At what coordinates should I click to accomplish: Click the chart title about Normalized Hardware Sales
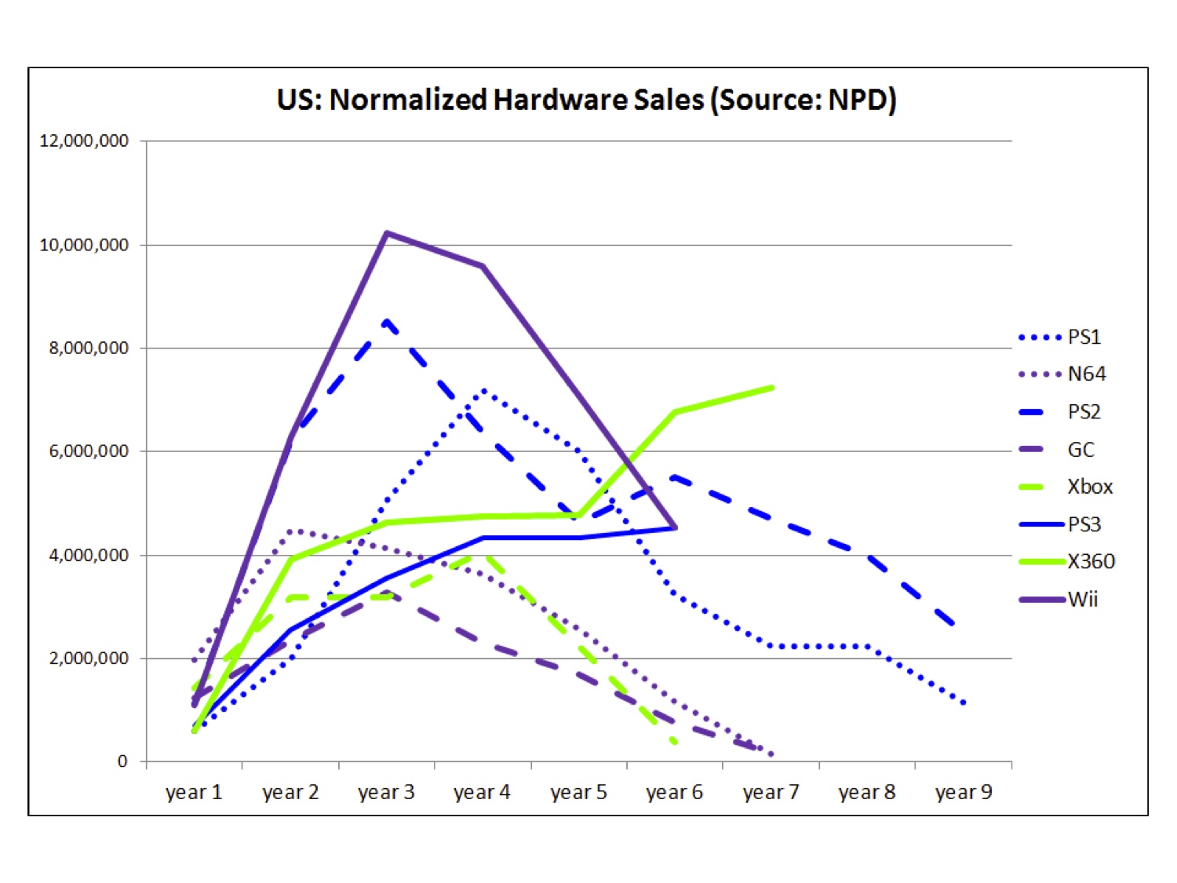[586, 100]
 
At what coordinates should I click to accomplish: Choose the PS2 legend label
[1084, 412]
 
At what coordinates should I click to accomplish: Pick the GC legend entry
[1080, 450]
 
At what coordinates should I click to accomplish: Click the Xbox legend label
[1089, 487]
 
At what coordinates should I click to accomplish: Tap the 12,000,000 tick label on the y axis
[84, 141]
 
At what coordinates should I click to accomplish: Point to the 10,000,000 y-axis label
[84, 245]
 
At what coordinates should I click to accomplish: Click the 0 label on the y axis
[122, 761]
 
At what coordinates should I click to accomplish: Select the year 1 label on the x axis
[194, 792]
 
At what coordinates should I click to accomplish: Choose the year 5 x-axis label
[578, 792]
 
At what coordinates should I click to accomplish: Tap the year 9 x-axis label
[964, 792]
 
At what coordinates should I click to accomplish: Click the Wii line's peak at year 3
[386, 233]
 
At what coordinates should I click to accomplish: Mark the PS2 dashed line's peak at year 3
[386, 320]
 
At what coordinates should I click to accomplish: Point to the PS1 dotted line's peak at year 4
[483, 390]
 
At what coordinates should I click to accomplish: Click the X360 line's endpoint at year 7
[772, 387]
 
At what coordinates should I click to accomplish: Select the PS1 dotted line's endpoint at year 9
[964, 703]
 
